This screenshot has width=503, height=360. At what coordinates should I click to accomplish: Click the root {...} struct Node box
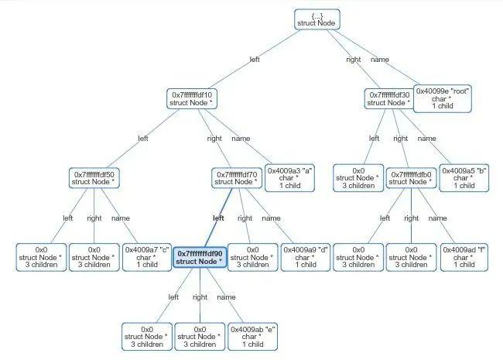click(x=317, y=19)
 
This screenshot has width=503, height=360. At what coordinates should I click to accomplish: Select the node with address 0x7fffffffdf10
click(x=192, y=99)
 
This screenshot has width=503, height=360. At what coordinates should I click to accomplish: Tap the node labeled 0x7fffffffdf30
click(x=389, y=99)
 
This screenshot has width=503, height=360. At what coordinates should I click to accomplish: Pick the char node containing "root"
click(x=443, y=98)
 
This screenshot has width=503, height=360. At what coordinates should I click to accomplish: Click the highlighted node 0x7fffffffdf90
click(x=200, y=257)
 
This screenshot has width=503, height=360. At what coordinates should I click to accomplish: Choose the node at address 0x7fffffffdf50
click(x=94, y=178)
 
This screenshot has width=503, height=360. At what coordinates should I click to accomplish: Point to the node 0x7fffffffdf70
click(x=237, y=178)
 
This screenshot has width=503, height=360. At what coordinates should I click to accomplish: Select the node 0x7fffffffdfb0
click(x=411, y=178)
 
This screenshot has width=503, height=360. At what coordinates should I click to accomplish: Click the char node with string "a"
click(x=289, y=178)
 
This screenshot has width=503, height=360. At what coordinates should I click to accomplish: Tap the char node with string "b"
click(x=464, y=178)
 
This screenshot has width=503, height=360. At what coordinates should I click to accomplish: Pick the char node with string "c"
click(x=147, y=257)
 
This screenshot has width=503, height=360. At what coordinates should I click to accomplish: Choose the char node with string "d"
click(x=306, y=257)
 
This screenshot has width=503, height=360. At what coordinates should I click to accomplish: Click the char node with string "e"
click(x=252, y=337)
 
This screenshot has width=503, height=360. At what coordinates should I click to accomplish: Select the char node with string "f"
click(x=464, y=257)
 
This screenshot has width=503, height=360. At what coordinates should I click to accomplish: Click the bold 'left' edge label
click(x=218, y=218)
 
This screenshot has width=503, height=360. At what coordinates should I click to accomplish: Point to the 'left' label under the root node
click(x=255, y=60)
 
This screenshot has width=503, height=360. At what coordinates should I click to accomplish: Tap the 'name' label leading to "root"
click(x=380, y=60)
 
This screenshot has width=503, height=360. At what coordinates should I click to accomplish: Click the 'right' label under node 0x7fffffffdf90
click(x=200, y=297)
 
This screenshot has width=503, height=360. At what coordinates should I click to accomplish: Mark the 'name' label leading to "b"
click(x=426, y=139)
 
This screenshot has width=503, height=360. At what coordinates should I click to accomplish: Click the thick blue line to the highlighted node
click(x=218, y=218)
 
